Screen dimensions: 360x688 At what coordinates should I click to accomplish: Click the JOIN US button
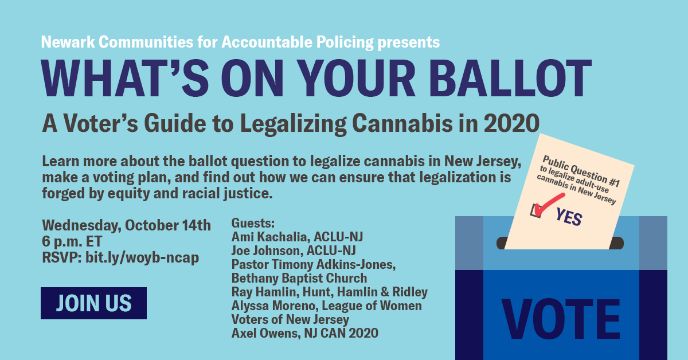tap(93, 303)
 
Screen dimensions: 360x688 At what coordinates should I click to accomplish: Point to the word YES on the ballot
tap(569, 217)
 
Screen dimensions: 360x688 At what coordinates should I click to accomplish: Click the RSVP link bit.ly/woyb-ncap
tap(142, 257)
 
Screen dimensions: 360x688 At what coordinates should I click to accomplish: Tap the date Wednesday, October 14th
tap(126, 224)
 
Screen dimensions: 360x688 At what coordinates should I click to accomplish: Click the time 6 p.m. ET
tap(73, 241)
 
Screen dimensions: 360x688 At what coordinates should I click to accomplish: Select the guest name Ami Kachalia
tap(269, 237)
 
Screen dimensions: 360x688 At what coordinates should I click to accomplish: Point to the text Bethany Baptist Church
tap(299, 278)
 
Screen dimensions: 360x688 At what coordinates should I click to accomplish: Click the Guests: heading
tap(253, 223)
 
